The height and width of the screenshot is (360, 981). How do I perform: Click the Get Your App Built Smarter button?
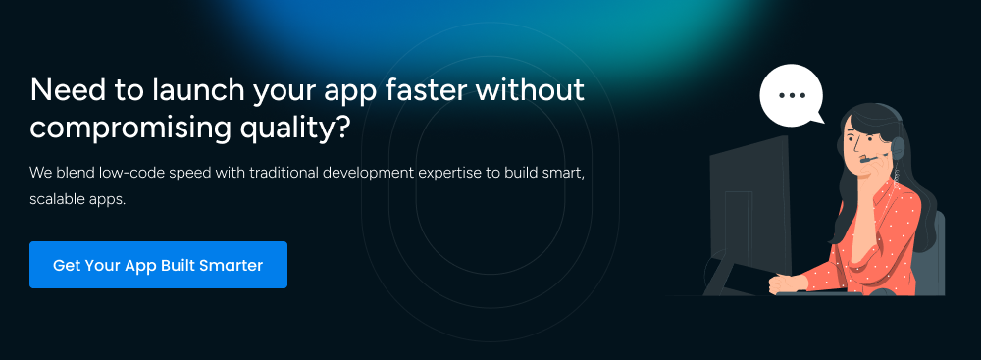(158, 265)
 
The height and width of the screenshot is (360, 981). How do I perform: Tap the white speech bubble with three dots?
(790, 95)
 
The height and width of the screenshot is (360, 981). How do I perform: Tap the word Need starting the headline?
(65, 92)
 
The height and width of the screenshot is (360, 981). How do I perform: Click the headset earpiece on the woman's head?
(896, 146)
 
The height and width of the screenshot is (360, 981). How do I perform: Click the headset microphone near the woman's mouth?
(866, 160)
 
